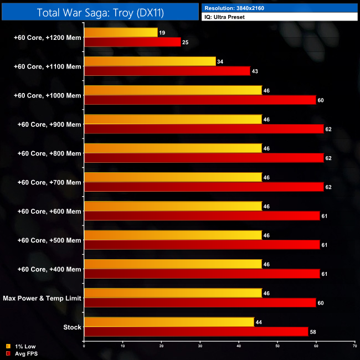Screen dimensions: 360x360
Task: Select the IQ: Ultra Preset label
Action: pyautogui.click(x=224, y=17)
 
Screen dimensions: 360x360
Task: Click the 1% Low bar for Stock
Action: pyautogui.click(x=169, y=322)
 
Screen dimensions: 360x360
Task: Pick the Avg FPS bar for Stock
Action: pyautogui.click(x=196, y=332)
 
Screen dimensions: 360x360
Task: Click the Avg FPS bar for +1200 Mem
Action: pyautogui.click(x=132, y=42)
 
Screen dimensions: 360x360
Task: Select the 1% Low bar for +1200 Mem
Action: pyautogui.click(x=121, y=33)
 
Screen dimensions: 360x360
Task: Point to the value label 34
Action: pyautogui.click(x=220, y=61)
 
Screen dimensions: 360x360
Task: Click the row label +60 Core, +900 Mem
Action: pyautogui.click(x=49, y=124)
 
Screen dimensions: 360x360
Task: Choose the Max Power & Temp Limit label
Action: pyautogui.click(x=42, y=298)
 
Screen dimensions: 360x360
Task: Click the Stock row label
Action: pyautogui.click(x=72, y=327)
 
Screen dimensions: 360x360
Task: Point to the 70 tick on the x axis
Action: pyautogui.click(x=354, y=346)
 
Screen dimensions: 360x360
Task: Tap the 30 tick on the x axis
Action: pyautogui.click(x=200, y=346)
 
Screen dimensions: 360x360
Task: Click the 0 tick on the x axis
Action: pyautogui.click(x=84, y=346)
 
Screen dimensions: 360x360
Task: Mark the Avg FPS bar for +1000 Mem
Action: pyautogui.click(x=200, y=100)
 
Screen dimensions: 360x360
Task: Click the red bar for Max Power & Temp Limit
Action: pyautogui.click(x=200, y=303)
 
